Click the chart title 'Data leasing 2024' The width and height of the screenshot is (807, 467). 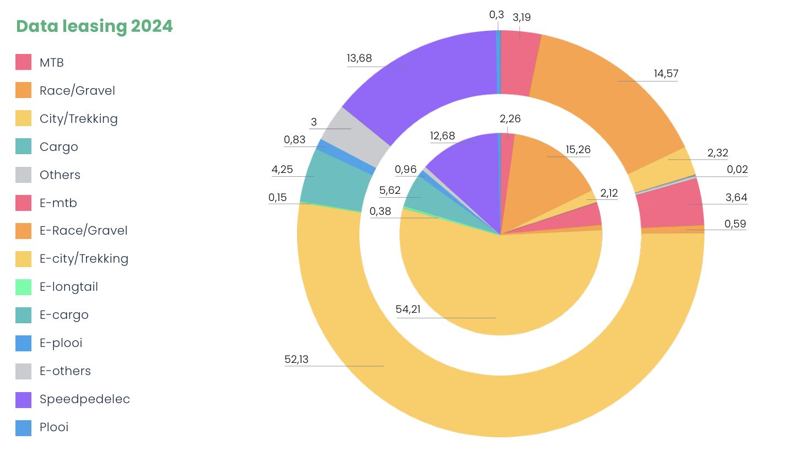pos(94,26)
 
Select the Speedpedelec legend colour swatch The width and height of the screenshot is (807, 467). pos(24,400)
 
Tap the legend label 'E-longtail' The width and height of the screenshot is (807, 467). pos(68,287)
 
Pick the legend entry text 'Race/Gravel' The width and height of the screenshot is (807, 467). pos(77,91)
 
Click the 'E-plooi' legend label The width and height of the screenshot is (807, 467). pos(61,343)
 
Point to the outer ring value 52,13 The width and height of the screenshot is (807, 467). pos(297,360)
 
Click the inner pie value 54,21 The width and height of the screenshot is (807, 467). pos(408,309)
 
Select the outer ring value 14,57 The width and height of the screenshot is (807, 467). pos(666,74)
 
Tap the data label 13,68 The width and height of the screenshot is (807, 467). pos(359,58)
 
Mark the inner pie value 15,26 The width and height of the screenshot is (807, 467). pos(578,150)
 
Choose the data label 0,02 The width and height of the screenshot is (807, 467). pos(737,170)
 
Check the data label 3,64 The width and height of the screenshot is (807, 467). pos(736,198)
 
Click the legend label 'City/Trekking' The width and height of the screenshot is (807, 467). pos(78,119)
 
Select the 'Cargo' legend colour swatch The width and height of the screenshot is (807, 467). pos(24,147)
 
